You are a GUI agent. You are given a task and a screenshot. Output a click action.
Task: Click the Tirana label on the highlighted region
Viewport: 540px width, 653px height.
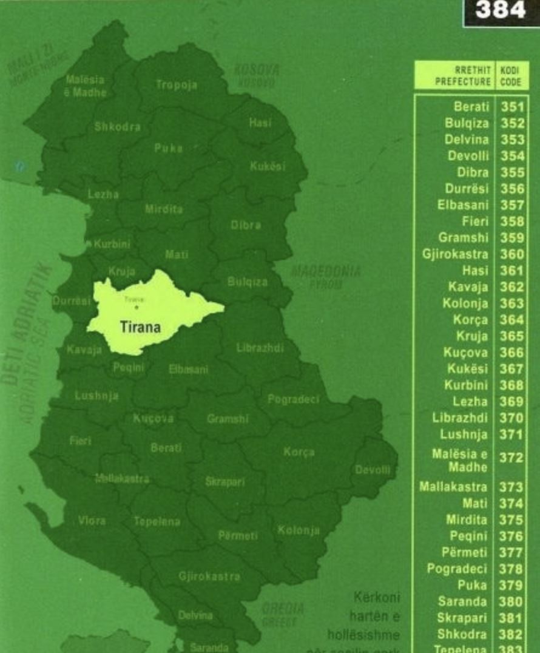[140, 328]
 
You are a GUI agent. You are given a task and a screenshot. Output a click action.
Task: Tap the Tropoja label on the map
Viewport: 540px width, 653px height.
[177, 85]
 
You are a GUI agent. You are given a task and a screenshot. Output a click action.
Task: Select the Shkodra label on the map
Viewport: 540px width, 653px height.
[118, 127]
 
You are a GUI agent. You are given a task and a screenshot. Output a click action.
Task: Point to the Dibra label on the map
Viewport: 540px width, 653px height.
[245, 225]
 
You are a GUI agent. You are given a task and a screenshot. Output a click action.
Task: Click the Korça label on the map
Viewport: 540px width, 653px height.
[299, 452]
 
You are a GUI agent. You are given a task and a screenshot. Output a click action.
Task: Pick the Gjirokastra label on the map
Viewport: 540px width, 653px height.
[209, 576]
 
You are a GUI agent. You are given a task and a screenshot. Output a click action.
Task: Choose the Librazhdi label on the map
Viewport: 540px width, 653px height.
[260, 347]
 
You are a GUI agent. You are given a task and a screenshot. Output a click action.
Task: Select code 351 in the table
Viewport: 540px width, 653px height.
[512, 107]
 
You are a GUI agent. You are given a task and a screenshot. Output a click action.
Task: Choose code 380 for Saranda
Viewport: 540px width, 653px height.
[512, 602]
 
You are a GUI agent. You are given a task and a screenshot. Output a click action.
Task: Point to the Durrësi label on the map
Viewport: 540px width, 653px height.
[72, 300]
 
